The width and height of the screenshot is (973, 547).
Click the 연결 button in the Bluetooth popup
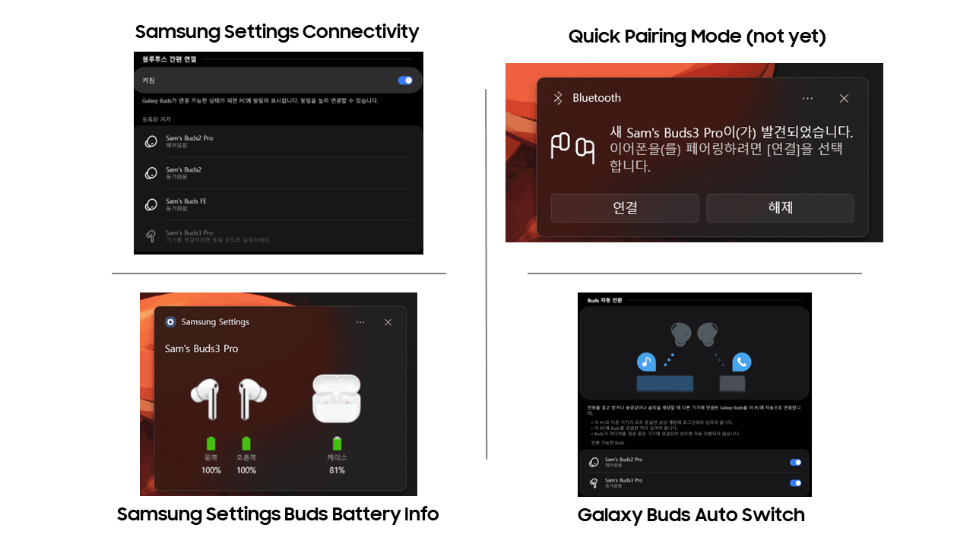tap(624, 207)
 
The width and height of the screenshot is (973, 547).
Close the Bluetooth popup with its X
tap(844, 99)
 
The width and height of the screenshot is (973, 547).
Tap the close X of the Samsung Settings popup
tap(388, 322)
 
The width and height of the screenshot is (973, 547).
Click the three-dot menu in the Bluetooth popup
tap(807, 99)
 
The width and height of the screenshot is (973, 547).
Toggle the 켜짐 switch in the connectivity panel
tap(405, 80)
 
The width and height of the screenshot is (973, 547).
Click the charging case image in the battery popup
tap(336, 398)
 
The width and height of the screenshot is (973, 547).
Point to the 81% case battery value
tap(337, 470)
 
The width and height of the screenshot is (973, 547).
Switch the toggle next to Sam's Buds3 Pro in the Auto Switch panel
tap(795, 483)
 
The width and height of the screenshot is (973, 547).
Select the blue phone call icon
tap(742, 362)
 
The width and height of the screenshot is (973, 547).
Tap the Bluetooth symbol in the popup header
tap(557, 98)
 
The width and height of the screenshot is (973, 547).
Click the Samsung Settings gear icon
tap(170, 322)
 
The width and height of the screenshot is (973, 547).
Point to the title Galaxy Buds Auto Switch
tap(691, 515)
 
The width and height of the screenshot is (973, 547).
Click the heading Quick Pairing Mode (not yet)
tap(696, 36)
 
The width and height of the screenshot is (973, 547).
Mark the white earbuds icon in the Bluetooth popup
tap(572, 147)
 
